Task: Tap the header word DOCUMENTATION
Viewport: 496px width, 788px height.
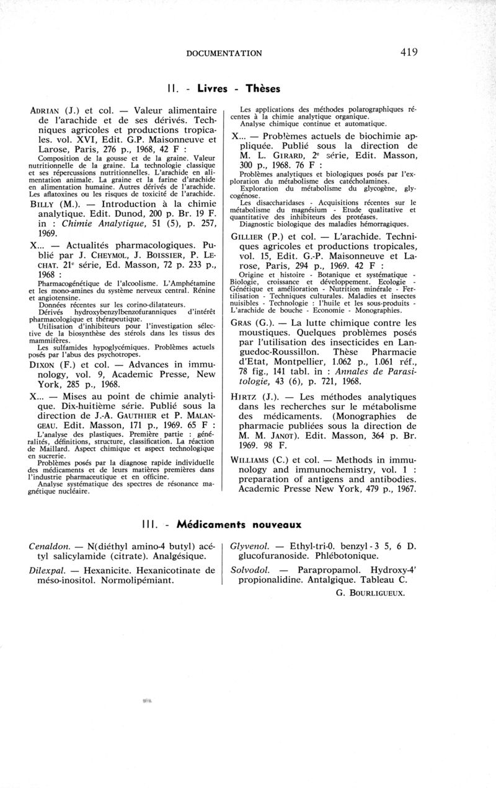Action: coord(224,53)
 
